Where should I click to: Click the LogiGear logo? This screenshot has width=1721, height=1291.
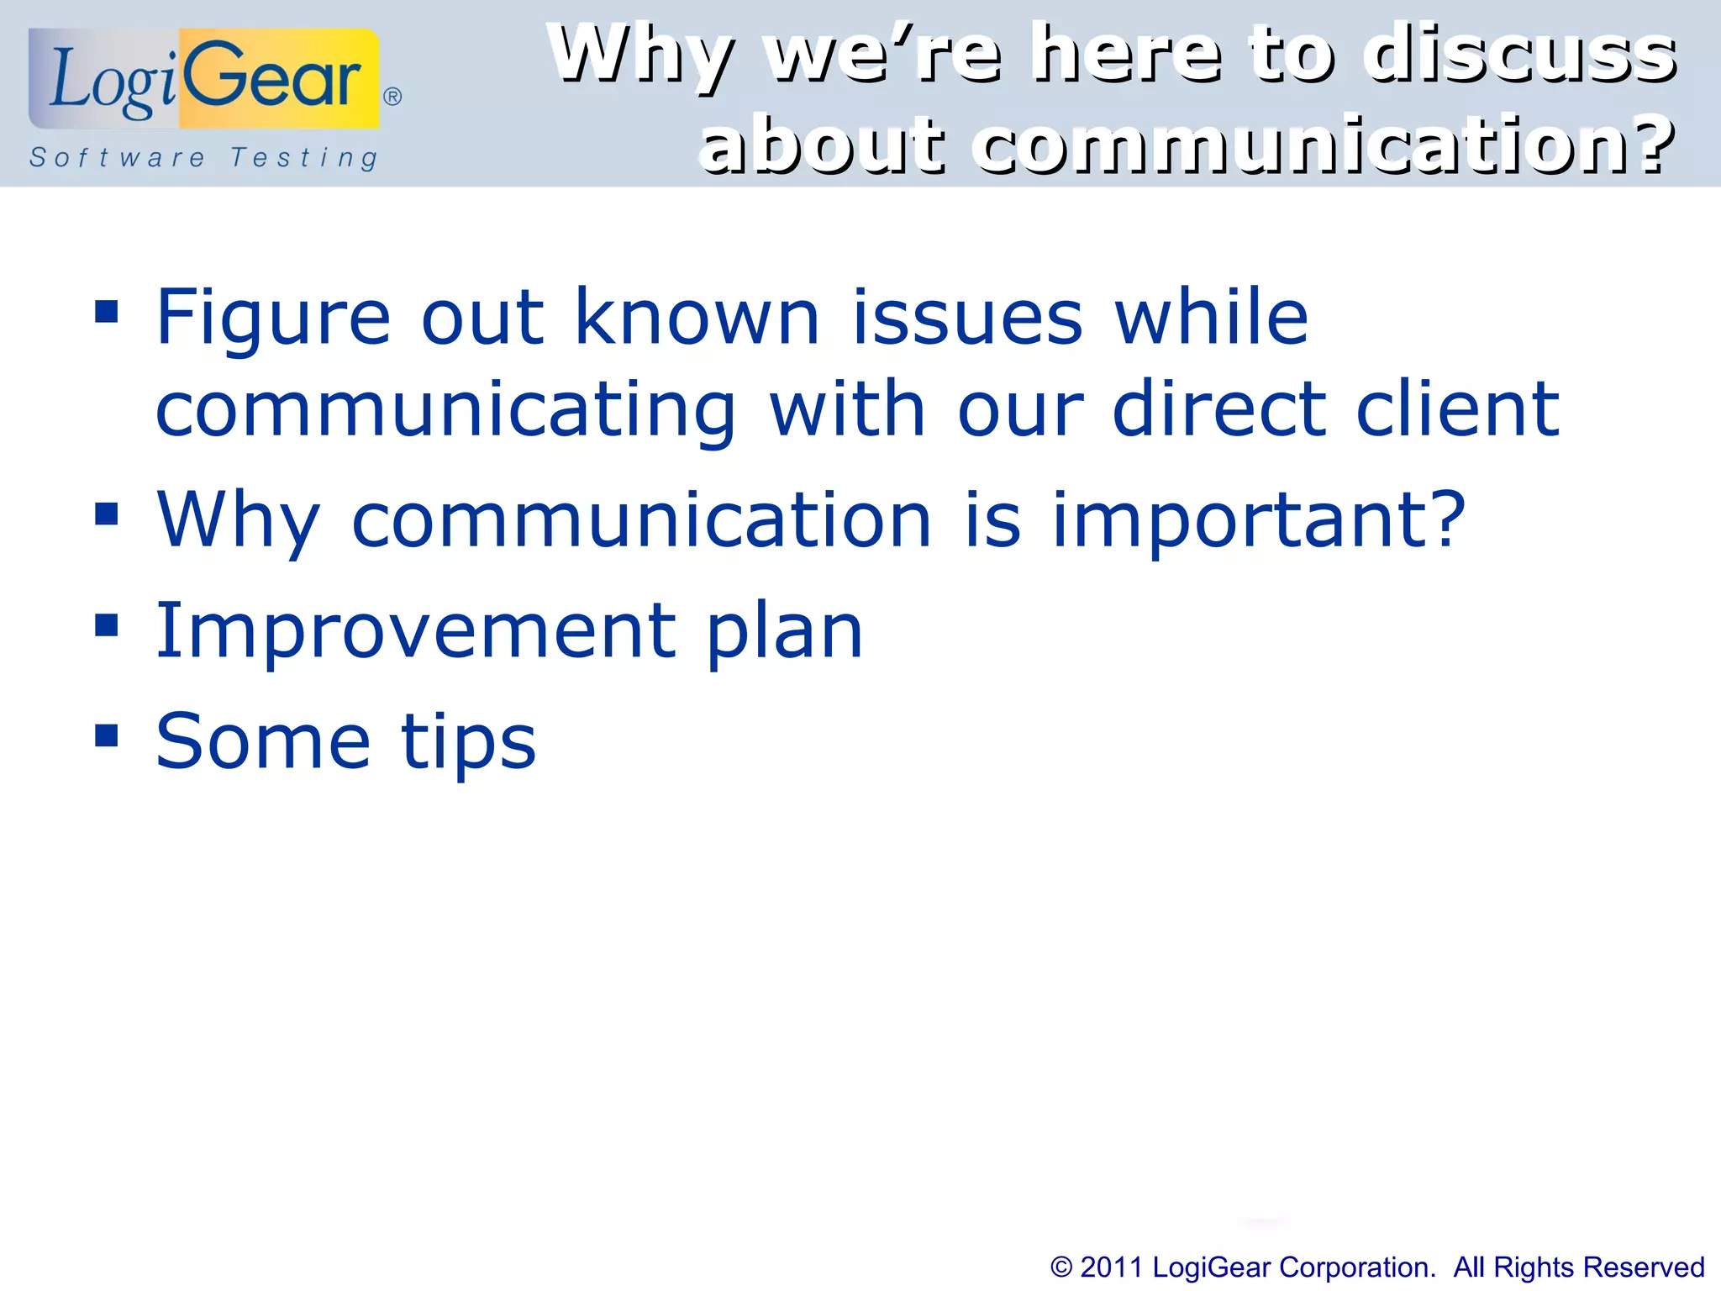[x=204, y=80]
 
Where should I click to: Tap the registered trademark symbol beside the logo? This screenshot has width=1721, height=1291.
[x=392, y=97]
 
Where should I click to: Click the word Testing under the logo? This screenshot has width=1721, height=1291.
[x=304, y=158]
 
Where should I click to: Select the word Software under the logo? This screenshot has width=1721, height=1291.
[x=118, y=157]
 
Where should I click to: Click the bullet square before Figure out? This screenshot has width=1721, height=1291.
[x=107, y=313]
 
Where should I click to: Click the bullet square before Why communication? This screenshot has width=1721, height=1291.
[x=107, y=514]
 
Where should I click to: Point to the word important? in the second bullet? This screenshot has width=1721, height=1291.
[x=1258, y=522]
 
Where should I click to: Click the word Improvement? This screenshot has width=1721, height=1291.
[x=416, y=631]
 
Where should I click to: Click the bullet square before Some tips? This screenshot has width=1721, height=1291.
[x=107, y=735]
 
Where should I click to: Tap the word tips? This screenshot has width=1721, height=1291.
[x=468, y=743]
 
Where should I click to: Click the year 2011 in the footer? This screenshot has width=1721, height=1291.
[x=1111, y=1267]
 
